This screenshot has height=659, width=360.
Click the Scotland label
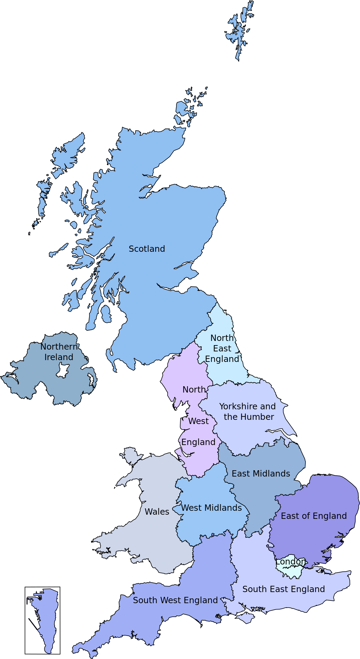tap(147, 249)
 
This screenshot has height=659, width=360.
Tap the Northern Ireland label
tap(59, 352)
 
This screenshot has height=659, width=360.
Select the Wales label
tap(157, 512)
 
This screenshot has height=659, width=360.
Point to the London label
tap(290, 561)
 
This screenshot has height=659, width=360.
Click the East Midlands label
tap(261, 474)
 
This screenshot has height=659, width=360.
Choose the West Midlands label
tap(211, 508)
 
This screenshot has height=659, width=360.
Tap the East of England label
tap(313, 516)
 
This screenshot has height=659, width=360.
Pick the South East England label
tap(283, 589)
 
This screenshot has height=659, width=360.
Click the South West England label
tap(175, 600)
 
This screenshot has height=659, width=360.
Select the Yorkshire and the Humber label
tap(247, 411)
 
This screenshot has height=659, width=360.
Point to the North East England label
tap(222, 348)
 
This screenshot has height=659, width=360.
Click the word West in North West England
tap(198, 421)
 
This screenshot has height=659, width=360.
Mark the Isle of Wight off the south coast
tap(246, 618)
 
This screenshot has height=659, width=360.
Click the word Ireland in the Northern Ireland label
tap(59, 357)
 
